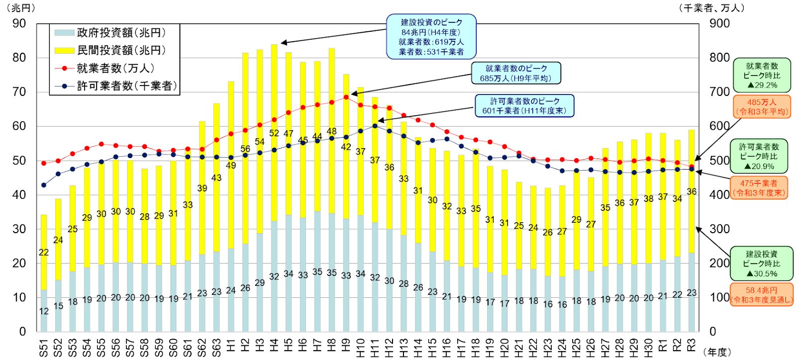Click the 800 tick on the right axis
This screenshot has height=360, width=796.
[x=719, y=58]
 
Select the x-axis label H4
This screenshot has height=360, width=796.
[x=274, y=345]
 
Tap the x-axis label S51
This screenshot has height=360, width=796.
[x=44, y=345]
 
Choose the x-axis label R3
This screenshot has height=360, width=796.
[x=691, y=345]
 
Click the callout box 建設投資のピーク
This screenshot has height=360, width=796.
[x=431, y=37]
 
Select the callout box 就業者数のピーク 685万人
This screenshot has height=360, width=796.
[x=516, y=73]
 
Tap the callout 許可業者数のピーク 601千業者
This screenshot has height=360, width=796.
[x=524, y=106]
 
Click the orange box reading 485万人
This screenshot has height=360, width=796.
[x=761, y=107]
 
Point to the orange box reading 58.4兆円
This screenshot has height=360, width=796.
[x=761, y=295]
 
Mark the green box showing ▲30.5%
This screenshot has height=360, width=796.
[x=761, y=264]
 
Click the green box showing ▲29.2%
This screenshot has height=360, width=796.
[x=762, y=76]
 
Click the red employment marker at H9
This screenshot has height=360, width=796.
[x=346, y=97]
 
